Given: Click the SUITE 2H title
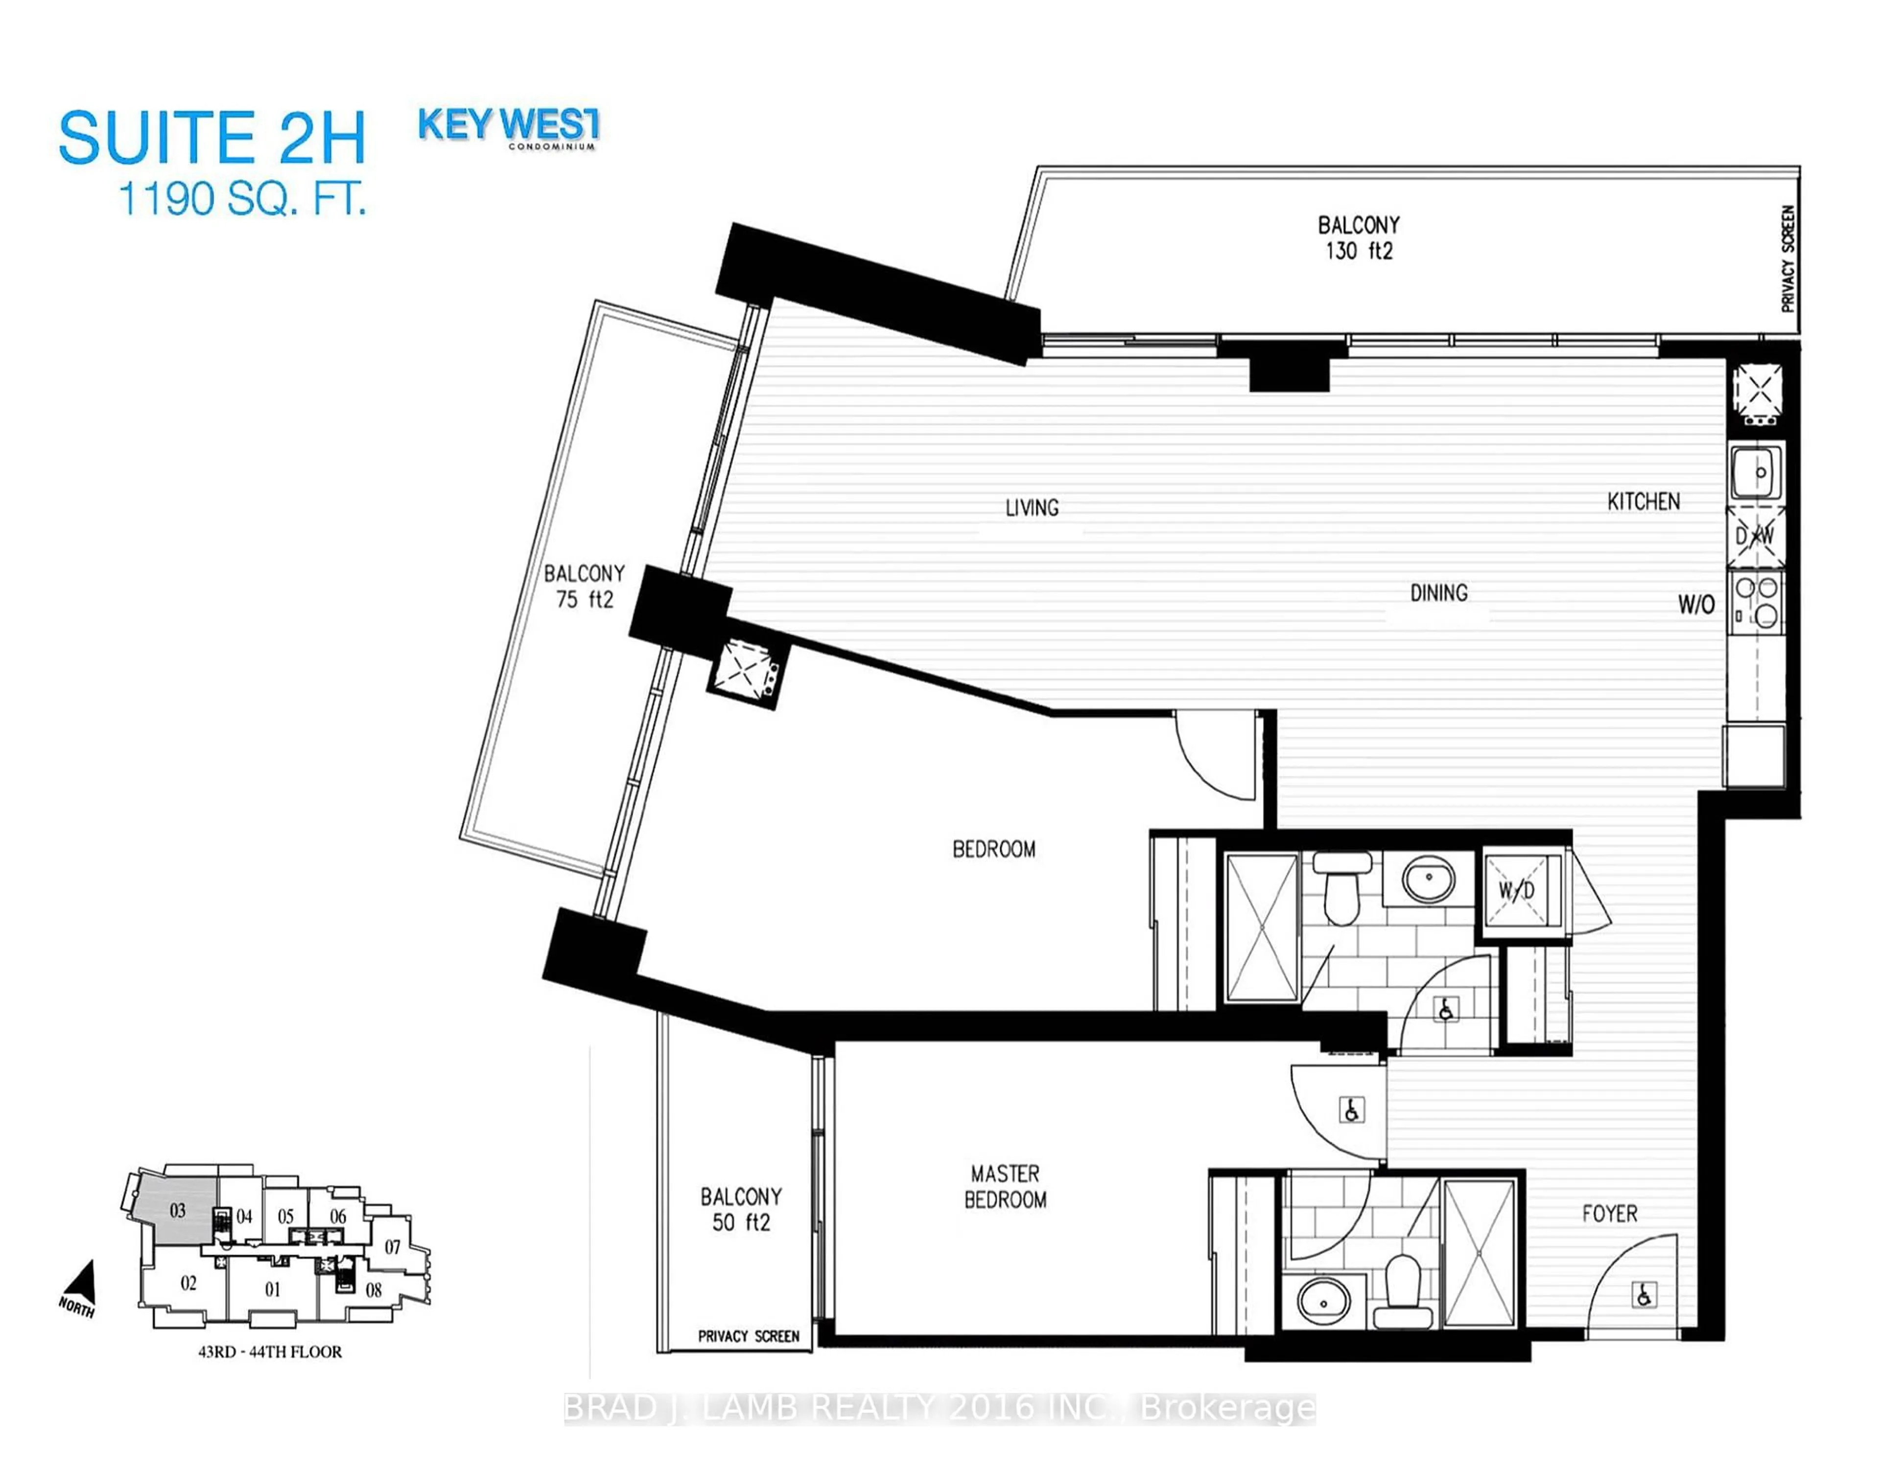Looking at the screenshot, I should pos(212,138).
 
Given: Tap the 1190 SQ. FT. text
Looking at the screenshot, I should pos(242,199).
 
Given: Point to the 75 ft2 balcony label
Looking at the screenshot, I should pos(585,586).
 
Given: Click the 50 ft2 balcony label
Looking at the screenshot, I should pos(741,1209).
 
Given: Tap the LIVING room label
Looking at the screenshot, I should pos(1032,508).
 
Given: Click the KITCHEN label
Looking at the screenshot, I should pos(1643,502).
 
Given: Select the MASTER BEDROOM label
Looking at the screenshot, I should pos(1005,1187).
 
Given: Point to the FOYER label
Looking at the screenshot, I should pos(1609,1214).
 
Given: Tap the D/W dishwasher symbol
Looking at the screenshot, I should pos(1755,536).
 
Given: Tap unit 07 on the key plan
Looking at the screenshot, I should pos(393,1247).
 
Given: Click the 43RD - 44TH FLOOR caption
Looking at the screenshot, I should pos(270,1352).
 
